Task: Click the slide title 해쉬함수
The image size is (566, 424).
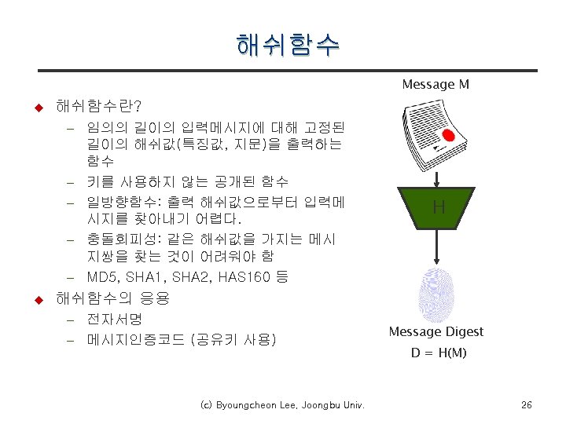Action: pyautogui.click(x=287, y=45)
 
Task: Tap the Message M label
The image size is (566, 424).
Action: pyautogui.click(x=436, y=84)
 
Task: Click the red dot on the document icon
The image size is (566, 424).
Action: pyautogui.click(x=447, y=135)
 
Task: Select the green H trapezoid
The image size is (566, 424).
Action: pyautogui.click(x=438, y=207)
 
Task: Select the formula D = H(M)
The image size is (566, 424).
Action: pyautogui.click(x=439, y=353)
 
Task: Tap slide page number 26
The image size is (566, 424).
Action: pyautogui.click(x=526, y=405)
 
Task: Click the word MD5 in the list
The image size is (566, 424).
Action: pyautogui.click(x=101, y=277)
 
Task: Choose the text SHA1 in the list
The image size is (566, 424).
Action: pyautogui.click(x=145, y=277)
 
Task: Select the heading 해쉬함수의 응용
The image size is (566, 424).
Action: pyautogui.click(x=112, y=298)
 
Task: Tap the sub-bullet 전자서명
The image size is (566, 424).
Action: pyautogui.click(x=114, y=320)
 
